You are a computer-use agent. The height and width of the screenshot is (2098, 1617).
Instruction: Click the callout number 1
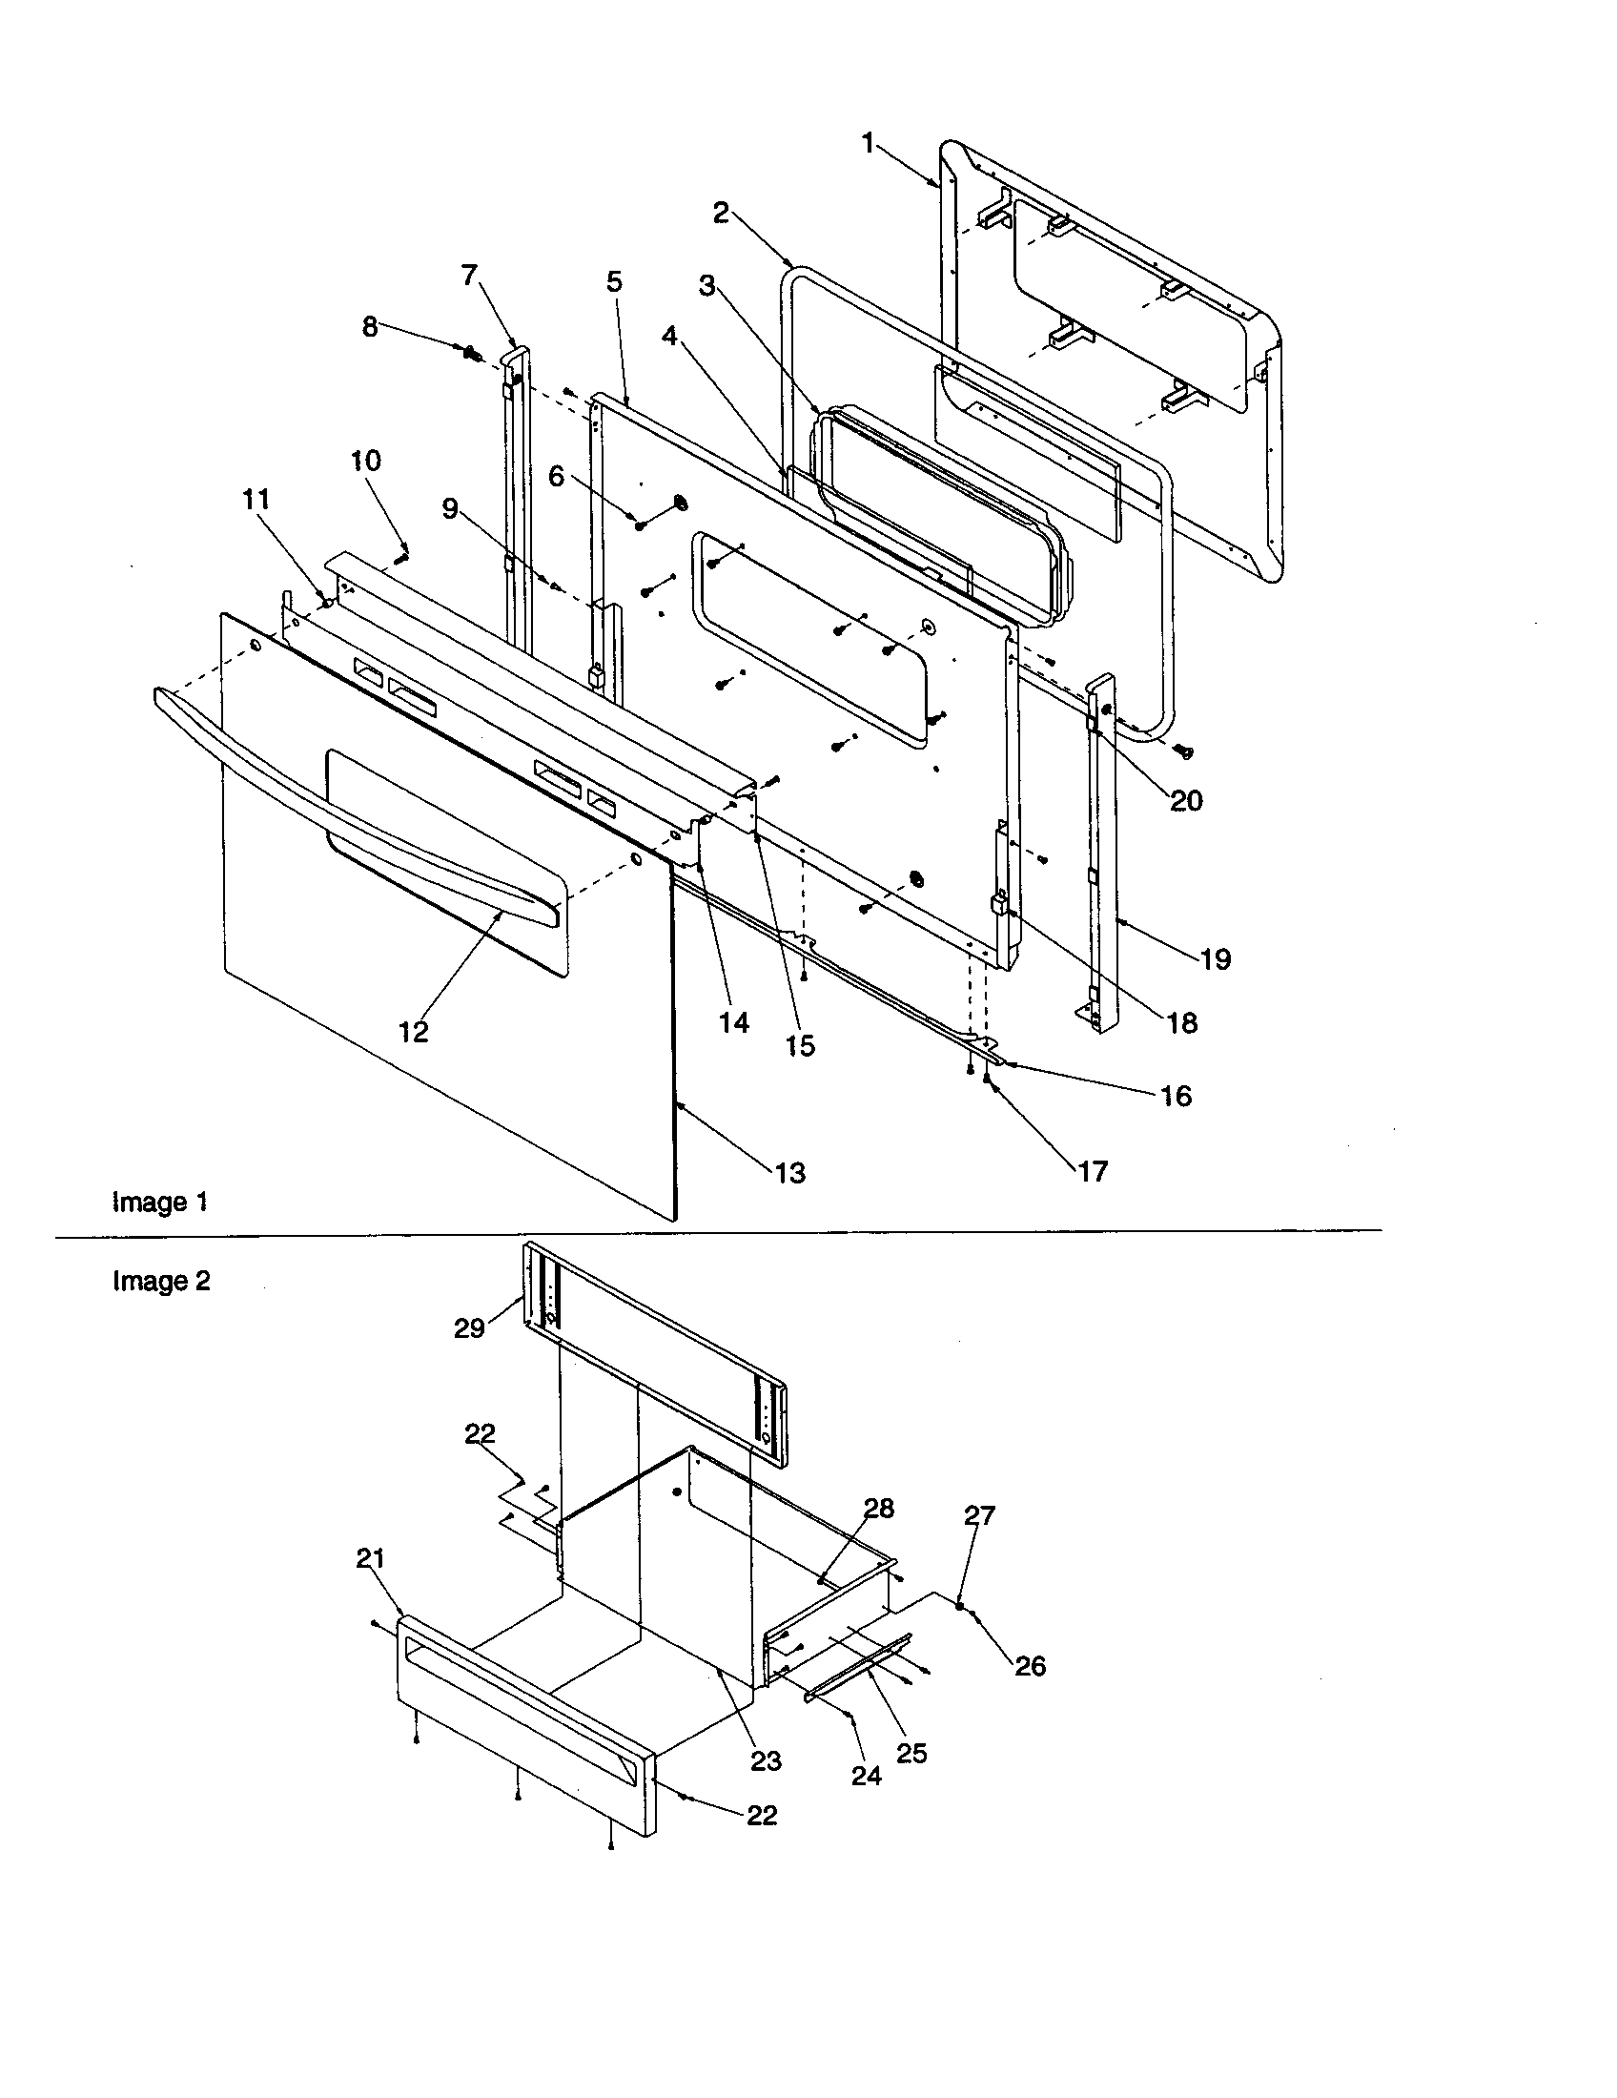coord(867,144)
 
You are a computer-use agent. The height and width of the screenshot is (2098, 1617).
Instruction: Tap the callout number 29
coord(468,1329)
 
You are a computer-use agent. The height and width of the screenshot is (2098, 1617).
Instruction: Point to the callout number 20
coord(1186,800)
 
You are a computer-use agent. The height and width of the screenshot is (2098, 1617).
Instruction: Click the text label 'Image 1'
coord(159,1202)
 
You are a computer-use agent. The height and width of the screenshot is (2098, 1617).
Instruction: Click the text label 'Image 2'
coord(160,1281)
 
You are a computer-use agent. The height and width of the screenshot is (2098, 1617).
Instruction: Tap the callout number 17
coord(1093,1170)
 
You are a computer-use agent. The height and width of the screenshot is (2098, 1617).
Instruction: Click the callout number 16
coord(1176,1096)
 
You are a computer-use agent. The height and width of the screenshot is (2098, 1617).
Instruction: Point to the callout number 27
coord(979,1515)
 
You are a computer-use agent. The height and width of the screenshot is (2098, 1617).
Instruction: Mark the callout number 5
coord(614,281)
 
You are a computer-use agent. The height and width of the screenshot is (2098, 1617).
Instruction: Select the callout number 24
coord(866,1777)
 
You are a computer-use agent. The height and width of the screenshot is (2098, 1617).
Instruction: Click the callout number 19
coord(1216,958)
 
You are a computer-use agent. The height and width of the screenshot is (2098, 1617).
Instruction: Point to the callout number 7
coord(468,276)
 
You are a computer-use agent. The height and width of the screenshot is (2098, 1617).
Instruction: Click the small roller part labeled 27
coord(959,1606)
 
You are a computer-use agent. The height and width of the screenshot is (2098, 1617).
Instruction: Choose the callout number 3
coord(706,286)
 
